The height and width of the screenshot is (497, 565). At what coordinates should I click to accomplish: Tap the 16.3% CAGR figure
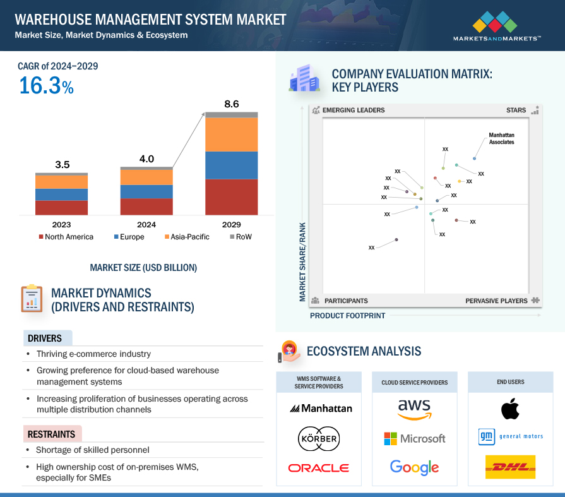click(46, 85)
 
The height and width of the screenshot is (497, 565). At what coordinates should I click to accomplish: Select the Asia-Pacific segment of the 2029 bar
click(232, 135)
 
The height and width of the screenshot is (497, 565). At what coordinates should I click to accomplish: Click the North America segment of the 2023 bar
click(62, 208)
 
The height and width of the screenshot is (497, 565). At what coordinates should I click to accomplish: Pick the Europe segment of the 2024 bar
click(146, 191)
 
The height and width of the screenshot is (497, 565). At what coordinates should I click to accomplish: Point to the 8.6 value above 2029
click(232, 104)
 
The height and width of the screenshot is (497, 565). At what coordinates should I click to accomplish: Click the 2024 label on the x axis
click(146, 225)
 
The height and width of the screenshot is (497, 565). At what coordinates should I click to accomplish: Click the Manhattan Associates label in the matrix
click(501, 139)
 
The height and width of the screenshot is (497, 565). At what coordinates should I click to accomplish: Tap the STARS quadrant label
click(516, 111)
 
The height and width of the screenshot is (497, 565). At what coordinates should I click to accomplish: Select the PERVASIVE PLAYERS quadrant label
click(496, 301)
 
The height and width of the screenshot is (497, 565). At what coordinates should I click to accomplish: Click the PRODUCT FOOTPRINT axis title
click(347, 315)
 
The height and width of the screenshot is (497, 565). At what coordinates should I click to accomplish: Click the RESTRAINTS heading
click(51, 434)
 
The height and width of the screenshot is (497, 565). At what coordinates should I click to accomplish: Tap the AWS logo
click(414, 409)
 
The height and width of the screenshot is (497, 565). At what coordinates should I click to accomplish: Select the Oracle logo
click(319, 468)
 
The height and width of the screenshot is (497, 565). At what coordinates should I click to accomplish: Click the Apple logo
click(511, 409)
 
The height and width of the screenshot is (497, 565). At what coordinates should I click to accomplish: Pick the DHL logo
click(511, 467)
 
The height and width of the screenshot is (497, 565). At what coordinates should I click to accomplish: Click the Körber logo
click(319, 438)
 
